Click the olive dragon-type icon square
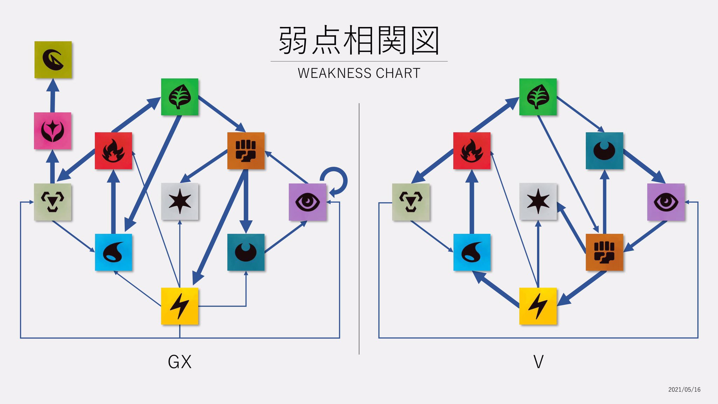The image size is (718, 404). (53, 60)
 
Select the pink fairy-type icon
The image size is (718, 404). (53, 130)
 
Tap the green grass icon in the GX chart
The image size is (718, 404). (179, 97)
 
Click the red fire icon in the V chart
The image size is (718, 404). (472, 151)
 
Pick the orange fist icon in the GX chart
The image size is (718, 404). (246, 151)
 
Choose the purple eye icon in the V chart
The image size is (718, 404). (666, 202)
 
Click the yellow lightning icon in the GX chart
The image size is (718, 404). (179, 306)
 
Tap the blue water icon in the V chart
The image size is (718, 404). (472, 252)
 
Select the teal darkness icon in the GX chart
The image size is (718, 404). (246, 252)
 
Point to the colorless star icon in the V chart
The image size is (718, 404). (538, 201)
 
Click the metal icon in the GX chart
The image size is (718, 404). (53, 202)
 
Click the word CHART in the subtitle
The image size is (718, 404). (398, 73)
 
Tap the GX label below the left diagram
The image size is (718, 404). (179, 362)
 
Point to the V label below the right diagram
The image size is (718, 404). (538, 362)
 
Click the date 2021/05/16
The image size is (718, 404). (684, 390)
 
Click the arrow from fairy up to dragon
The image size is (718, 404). (53, 96)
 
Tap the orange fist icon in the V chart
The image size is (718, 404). (604, 252)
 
